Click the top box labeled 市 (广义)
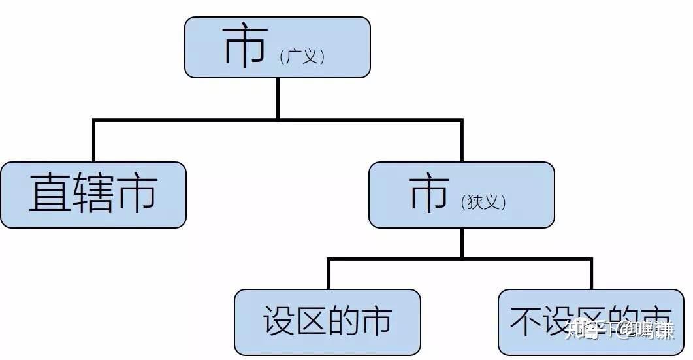click(278, 48)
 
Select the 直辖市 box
click(93, 195)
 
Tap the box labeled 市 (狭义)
click(461, 195)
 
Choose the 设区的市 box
click(327, 322)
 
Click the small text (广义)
click(302, 57)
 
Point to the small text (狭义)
click(484, 202)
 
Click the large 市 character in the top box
click(245, 47)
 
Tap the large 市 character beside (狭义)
click(429, 193)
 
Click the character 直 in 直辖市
click(50, 194)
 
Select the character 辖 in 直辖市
click(93, 194)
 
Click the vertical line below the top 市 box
click(278, 98)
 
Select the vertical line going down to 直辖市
click(94, 141)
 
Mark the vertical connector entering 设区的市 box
click(327, 274)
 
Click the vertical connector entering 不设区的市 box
click(590, 274)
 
